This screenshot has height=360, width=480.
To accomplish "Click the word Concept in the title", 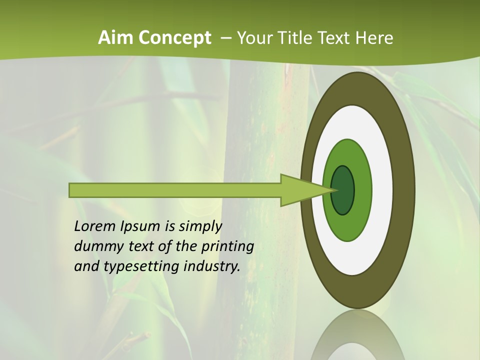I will pos(174,38).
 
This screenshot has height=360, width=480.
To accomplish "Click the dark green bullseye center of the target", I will pos(343,190).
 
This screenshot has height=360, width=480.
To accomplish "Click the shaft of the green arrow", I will pos(175,190).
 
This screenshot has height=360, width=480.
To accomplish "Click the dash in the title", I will pos(225,38).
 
